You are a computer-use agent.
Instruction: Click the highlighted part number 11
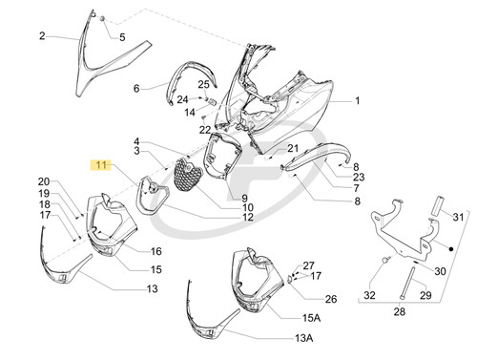[101, 165]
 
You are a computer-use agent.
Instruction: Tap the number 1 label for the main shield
[358, 100]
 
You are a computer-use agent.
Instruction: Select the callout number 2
[42, 36]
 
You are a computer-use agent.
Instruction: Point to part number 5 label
[122, 37]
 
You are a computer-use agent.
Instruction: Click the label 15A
[311, 318]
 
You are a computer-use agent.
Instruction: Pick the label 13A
[303, 338]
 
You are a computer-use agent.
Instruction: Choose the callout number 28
[400, 311]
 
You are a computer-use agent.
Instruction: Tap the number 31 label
[458, 217]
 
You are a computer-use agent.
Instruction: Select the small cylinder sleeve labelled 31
[436, 205]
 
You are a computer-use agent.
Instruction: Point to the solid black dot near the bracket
[450, 249]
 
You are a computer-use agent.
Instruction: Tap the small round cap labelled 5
[103, 19]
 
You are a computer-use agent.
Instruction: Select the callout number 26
[331, 299]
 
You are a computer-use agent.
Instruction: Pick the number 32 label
[369, 295]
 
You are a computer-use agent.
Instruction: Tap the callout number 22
[205, 130]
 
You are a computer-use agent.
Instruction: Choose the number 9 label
[244, 199]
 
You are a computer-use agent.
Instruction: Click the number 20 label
[44, 181]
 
